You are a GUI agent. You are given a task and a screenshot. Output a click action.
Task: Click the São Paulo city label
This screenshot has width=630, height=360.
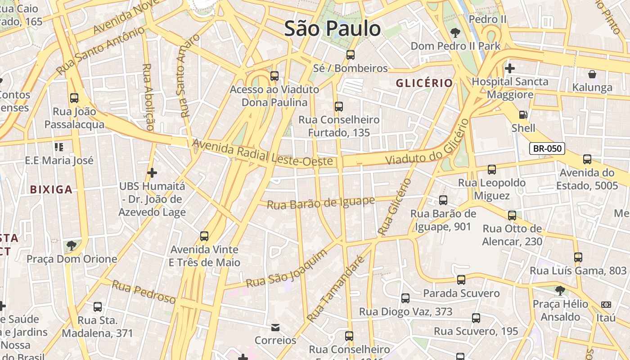click(x=333, y=29)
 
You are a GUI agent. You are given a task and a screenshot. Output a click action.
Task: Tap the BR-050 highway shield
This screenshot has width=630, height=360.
click(x=547, y=148)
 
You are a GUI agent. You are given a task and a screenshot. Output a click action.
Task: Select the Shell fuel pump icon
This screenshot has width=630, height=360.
click(x=523, y=115)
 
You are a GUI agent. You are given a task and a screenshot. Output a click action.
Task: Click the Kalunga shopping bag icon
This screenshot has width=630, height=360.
click(x=592, y=74)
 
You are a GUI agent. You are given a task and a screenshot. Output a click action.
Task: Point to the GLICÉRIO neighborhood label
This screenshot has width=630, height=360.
click(x=424, y=83)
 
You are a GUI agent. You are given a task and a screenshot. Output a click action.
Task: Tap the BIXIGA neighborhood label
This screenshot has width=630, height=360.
click(x=51, y=189)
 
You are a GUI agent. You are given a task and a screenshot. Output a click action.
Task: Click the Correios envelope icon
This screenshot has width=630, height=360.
click(x=275, y=327)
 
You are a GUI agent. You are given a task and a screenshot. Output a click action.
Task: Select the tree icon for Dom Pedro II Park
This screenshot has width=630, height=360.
click(x=455, y=32)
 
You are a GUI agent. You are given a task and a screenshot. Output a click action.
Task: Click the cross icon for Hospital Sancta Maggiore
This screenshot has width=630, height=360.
click(x=509, y=68)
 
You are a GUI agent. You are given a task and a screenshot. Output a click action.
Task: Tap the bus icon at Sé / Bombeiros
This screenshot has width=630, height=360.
click(x=350, y=55)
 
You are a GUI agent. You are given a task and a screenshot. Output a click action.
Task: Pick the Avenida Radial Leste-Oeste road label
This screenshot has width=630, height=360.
click(x=263, y=153)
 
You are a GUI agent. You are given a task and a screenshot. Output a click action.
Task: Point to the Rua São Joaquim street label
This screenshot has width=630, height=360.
click(x=286, y=269)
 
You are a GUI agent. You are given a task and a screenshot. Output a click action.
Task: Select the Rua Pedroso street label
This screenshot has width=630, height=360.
click(x=144, y=292)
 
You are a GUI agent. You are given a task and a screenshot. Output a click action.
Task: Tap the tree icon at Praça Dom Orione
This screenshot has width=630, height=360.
click(x=71, y=246)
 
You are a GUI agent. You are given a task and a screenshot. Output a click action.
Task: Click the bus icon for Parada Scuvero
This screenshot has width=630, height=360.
click(x=461, y=280)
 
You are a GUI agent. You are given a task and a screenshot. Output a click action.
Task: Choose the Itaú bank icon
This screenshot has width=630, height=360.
click(x=606, y=305)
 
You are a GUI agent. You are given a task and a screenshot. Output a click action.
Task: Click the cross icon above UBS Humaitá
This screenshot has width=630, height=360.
click(x=152, y=172)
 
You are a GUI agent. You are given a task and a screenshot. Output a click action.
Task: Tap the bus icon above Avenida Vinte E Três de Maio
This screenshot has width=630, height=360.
click(x=204, y=236)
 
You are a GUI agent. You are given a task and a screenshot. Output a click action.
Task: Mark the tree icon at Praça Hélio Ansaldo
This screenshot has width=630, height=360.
click(x=560, y=291)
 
